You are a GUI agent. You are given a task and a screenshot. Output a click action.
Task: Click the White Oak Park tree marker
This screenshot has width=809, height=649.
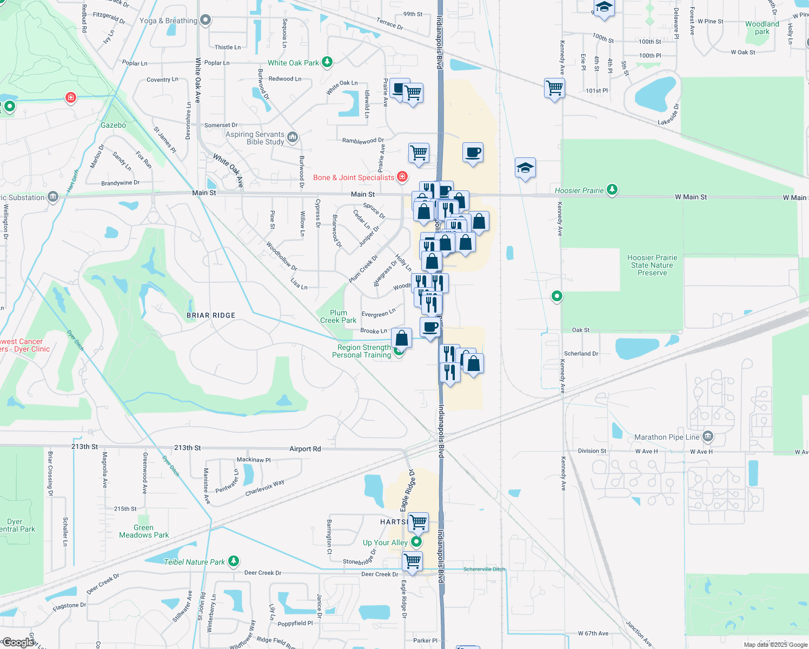coord(327,62)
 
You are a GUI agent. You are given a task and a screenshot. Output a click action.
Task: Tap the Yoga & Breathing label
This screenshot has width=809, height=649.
coord(168,21)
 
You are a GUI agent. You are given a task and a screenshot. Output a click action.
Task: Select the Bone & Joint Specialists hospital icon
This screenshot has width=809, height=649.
coord(402,177)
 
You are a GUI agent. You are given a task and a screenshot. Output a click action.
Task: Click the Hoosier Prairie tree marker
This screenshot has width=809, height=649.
coord(612,190)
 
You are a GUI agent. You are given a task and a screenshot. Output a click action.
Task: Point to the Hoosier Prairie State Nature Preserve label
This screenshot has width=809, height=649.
coord(652,265)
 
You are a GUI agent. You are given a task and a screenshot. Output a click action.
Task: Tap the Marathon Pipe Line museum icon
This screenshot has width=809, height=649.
coord(708,436)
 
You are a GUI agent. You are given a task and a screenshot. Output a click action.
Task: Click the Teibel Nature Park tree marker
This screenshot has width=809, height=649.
coord(233,561)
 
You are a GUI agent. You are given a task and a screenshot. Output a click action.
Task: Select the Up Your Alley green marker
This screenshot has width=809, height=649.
coord(416,541)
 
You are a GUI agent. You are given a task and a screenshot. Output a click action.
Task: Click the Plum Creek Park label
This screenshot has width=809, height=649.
coord(338,316)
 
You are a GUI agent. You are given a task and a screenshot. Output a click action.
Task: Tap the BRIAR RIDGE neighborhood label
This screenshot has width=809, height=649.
coord(211,315)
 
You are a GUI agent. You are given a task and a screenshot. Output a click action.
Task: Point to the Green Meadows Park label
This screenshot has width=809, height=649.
coord(144,531)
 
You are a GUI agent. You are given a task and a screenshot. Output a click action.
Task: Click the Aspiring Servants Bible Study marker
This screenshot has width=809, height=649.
coord(293,137)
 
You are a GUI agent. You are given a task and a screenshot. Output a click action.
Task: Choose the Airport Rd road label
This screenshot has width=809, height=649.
coord(305,449)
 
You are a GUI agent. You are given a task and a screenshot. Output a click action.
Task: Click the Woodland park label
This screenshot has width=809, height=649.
coord(762,28)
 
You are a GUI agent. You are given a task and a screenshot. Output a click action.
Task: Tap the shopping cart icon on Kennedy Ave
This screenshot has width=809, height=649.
coord(554,88)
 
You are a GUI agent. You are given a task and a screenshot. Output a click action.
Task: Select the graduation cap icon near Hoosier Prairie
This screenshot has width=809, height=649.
coord(525,168)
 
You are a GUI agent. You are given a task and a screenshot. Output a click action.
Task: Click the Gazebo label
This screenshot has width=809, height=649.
coord(113,125)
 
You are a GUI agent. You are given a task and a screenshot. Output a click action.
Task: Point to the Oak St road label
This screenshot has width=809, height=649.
coord(581,330)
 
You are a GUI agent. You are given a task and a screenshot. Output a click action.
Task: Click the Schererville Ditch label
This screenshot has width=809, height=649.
coord(484,569)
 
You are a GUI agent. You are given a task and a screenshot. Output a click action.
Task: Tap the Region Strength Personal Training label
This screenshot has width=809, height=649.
coord(362,351)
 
